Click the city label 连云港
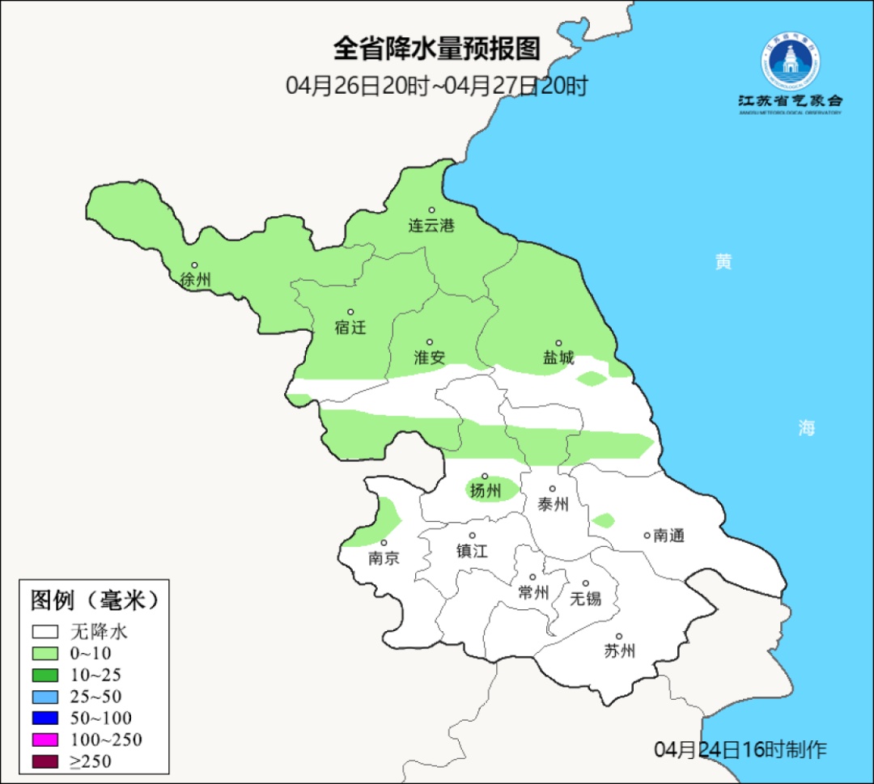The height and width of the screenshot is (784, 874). [x=431, y=226]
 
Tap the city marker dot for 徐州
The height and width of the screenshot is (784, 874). [x=194, y=265]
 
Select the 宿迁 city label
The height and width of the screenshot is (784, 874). [x=350, y=328]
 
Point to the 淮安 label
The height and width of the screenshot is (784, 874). [x=430, y=358]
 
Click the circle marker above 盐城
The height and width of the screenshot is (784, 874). [x=558, y=343]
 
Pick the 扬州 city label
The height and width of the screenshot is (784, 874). [x=486, y=490]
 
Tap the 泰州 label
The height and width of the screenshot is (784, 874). [x=554, y=505]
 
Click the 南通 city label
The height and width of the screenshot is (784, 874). [x=669, y=535]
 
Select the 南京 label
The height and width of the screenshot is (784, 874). [x=383, y=558]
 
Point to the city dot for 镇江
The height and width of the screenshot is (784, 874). [x=473, y=536]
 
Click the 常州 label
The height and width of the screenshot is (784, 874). [x=533, y=593]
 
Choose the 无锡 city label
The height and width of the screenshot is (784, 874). [x=586, y=599]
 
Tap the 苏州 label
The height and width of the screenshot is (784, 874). [x=619, y=651]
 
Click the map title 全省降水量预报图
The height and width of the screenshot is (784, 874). [x=436, y=49]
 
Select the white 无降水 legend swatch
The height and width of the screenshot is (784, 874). [x=45, y=632]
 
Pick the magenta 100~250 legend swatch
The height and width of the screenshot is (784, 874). [x=45, y=740]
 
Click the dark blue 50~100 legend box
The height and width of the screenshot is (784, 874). [x=45, y=718]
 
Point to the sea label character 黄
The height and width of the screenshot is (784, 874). [x=723, y=262]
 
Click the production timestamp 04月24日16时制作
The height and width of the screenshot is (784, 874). [x=740, y=749]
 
